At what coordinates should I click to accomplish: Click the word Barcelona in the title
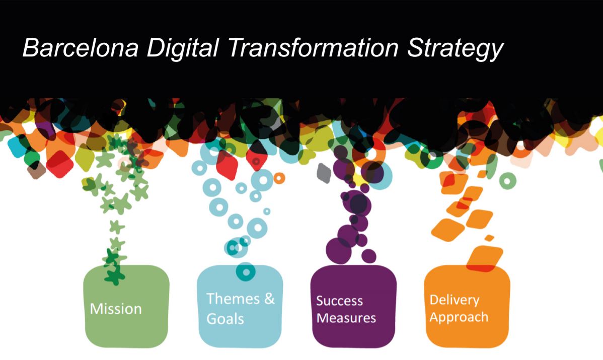(x=81, y=48)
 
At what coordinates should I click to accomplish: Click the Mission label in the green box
(x=116, y=309)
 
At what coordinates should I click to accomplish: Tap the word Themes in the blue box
(x=233, y=299)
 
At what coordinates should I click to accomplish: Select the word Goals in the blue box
(x=225, y=319)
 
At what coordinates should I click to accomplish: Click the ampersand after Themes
(x=270, y=299)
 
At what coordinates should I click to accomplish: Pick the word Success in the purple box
(x=340, y=301)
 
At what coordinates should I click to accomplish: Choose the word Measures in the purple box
(x=346, y=318)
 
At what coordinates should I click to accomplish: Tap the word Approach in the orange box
(x=459, y=317)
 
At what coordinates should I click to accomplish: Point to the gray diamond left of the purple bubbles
(x=324, y=173)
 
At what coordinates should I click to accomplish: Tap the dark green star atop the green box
(x=115, y=275)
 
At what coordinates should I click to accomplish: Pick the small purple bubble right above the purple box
(x=369, y=256)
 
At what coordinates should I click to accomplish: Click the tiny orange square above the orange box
(x=489, y=238)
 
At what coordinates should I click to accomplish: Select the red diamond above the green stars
(x=59, y=164)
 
